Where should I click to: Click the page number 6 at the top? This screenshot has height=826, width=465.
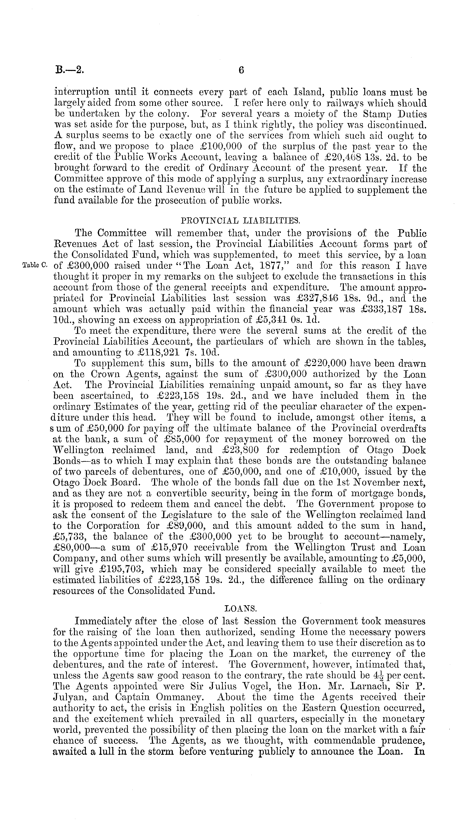point(241,70)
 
